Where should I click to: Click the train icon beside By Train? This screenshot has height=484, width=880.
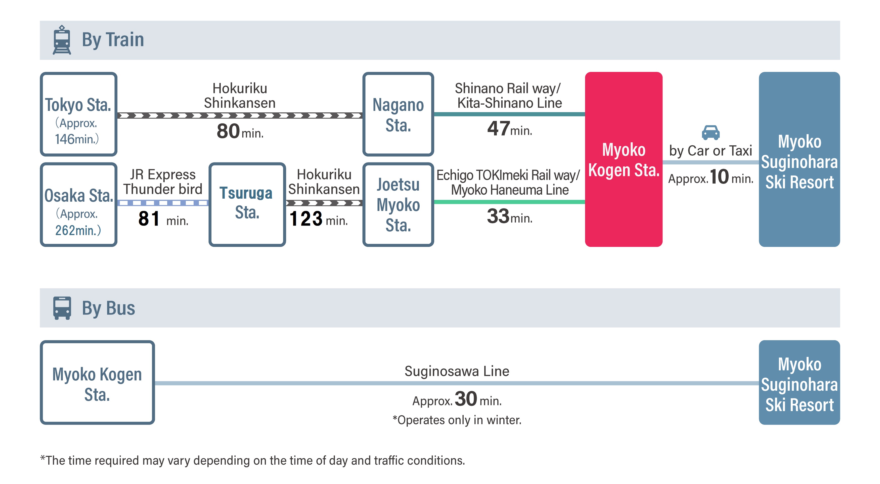[x=62, y=40]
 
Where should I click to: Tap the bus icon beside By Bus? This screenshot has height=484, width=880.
[x=62, y=308]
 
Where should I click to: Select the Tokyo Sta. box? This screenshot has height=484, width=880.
[x=78, y=114]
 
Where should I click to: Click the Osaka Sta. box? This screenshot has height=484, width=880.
[x=78, y=205]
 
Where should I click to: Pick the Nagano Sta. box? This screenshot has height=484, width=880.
[x=398, y=114]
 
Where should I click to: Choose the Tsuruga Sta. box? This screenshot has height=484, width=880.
[x=247, y=205]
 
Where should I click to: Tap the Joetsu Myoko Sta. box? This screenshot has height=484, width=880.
[x=398, y=205]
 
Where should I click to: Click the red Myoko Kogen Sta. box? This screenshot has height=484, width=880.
[x=624, y=159]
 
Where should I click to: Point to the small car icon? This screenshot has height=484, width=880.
[x=711, y=132]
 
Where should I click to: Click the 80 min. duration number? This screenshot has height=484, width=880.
[x=228, y=131]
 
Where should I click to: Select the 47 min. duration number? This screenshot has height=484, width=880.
[x=498, y=129]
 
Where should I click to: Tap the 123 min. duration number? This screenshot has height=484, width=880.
[x=306, y=218]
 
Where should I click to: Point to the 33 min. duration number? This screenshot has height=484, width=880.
[x=498, y=216]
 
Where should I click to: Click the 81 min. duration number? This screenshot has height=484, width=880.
[x=149, y=218]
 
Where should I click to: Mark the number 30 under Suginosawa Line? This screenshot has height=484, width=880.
[x=466, y=399]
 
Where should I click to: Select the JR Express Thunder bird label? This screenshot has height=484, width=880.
[x=163, y=182]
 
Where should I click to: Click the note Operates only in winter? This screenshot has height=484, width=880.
[x=457, y=420]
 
